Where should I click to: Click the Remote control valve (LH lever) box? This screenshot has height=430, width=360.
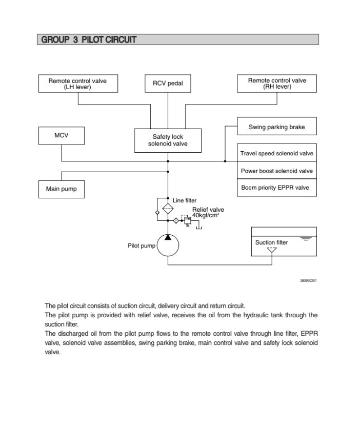[x=77, y=84]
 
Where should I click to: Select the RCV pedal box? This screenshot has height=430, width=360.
[x=168, y=84]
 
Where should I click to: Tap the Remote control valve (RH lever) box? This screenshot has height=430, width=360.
[x=277, y=84]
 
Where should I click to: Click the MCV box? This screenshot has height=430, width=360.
[x=61, y=136]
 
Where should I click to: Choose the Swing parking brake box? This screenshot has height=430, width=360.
[x=276, y=127]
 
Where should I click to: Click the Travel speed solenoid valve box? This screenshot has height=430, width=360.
[x=276, y=153]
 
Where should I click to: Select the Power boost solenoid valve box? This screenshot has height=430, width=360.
[x=276, y=171]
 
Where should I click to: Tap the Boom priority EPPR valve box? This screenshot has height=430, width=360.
[x=276, y=188]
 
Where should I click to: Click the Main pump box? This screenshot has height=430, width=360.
[x=61, y=189]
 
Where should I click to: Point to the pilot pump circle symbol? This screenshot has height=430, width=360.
[x=168, y=246]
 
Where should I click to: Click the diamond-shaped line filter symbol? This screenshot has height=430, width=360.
[x=168, y=209]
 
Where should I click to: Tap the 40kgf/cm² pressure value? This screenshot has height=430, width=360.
[x=206, y=215]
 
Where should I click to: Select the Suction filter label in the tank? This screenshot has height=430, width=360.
[x=271, y=242]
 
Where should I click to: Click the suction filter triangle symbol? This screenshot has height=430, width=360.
[x=272, y=251]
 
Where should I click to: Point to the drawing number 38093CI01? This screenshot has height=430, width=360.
[x=308, y=280]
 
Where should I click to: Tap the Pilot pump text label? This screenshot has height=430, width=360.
[x=142, y=246]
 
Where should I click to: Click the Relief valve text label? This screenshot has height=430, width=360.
[x=208, y=210]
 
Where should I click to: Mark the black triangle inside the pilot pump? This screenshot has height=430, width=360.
[x=168, y=236]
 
